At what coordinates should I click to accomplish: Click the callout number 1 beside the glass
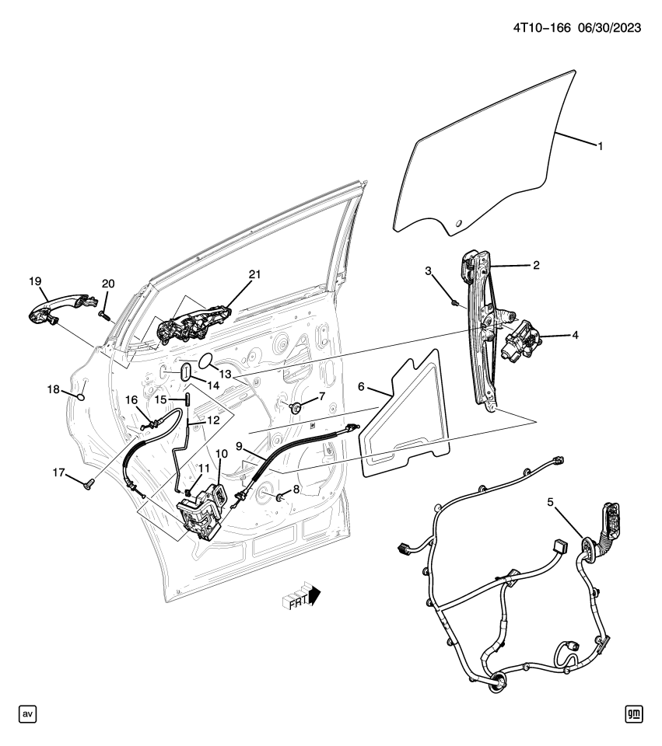600,145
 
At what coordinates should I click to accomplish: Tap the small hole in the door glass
458,225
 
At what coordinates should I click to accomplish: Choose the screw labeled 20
103,313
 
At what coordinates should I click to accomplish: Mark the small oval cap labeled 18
80,396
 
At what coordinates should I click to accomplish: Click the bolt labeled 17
87,485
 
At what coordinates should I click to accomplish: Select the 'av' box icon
27,713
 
